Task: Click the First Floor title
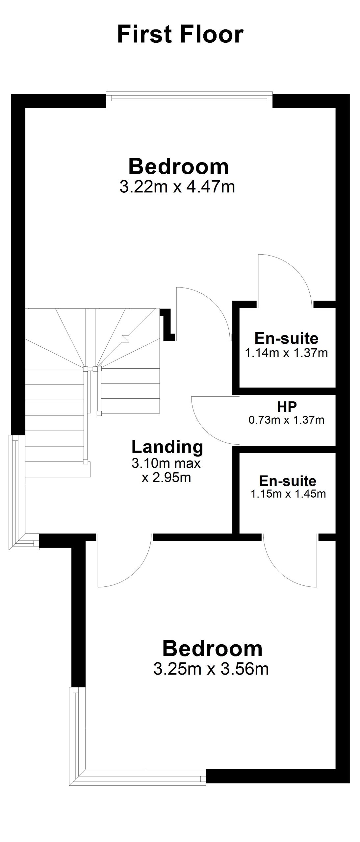click(180, 35)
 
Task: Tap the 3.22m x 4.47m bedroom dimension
click(177, 187)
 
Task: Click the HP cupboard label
click(287, 407)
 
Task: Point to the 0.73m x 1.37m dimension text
click(287, 420)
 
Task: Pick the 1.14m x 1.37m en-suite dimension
click(286, 353)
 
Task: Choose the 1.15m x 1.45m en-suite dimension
click(288, 494)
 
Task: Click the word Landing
click(167, 447)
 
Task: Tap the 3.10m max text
click(166, 463)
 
